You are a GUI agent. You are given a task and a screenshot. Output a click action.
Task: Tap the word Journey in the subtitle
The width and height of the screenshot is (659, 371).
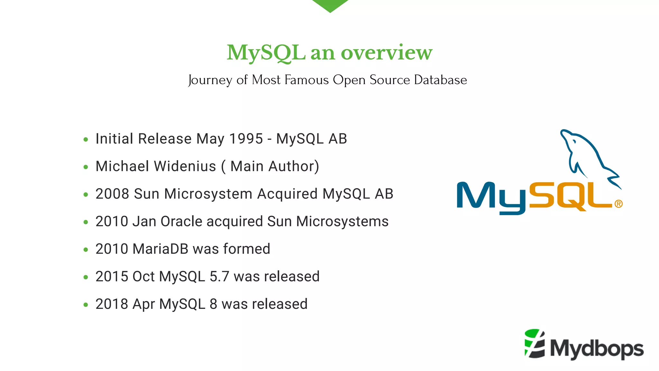tap(210, 80)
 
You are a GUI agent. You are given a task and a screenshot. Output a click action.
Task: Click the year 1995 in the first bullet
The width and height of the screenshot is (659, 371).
tap(246, 139)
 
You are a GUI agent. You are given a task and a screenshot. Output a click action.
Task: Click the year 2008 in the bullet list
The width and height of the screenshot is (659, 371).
tap(112, 194)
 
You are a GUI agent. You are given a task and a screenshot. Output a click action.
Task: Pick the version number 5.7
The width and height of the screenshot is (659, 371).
tap(219, 277)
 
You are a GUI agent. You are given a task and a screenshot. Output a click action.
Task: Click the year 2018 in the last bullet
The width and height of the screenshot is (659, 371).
tap(112, 304)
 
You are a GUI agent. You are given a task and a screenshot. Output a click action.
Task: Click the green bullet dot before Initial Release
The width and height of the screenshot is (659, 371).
tap(86, 139)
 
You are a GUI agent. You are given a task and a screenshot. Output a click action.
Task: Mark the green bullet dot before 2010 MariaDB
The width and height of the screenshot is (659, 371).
tap(86, 250)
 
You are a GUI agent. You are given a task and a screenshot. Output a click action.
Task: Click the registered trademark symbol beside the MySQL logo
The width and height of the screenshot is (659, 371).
tap(618, 204)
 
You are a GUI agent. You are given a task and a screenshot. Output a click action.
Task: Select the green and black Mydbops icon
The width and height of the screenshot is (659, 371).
tap(534, 344)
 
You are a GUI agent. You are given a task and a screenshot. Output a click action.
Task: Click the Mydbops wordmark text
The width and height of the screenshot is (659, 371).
tap(597, 349)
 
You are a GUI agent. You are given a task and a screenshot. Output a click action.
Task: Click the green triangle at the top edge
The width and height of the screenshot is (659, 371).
tap(330, 5)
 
